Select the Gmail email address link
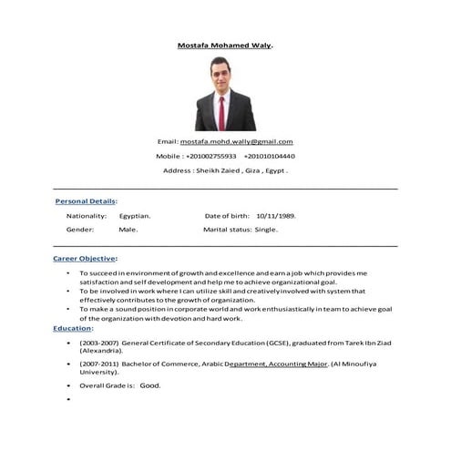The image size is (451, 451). pyautogui.click(x=236, y=142)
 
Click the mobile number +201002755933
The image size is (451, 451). pyautogui.click(x=210, y=156)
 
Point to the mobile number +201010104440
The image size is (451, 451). pyautogui.click(x=269, y=156)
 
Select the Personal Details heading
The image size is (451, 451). pyautogui.click(x=86, y=200)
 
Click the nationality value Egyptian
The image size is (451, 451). pyautogui.click(x=135, y=216)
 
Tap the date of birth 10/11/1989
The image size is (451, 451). pyautogui.click(x=277, y=216)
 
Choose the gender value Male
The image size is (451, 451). pyautogui.click(x=128, y=231)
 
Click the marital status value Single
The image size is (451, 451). pyautogui.click(x=266, y=231)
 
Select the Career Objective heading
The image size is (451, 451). pyautogui.click(x=85, y=260)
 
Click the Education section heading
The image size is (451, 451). pyautogui.click(x=72, y=328)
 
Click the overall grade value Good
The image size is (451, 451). pyautogui.click(x=150, y=385)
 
